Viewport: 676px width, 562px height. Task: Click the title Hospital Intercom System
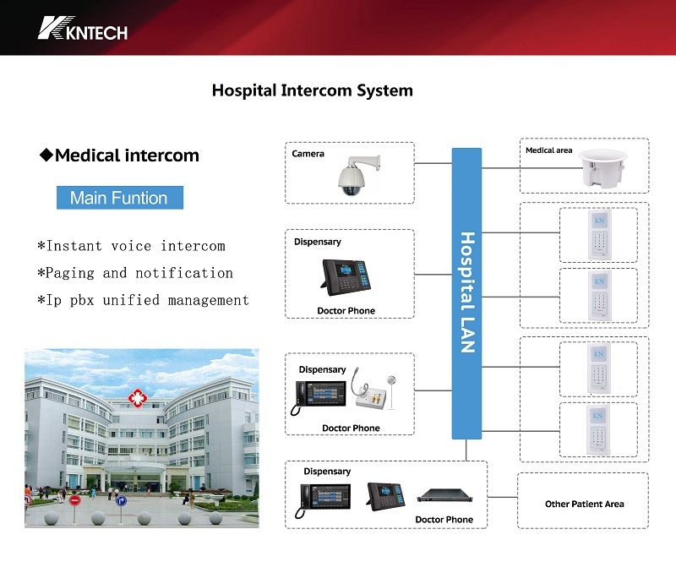pos(312,90)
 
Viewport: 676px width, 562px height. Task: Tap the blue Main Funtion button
pos(119,198)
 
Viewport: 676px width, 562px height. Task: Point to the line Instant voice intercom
pos(131,246)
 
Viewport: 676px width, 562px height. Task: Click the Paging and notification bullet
pos(135,273)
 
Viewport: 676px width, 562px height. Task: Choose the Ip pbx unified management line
pos(143,300)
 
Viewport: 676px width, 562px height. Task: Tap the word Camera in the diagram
pos(308,154)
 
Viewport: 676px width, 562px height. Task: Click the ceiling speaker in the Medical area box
pos(603,170)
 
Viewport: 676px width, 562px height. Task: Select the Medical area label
pos(548,150)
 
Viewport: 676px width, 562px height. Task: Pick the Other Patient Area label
pos(584,505)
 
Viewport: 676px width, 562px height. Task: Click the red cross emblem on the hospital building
pos(135,396)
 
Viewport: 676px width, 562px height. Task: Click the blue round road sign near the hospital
pos(120,500)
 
